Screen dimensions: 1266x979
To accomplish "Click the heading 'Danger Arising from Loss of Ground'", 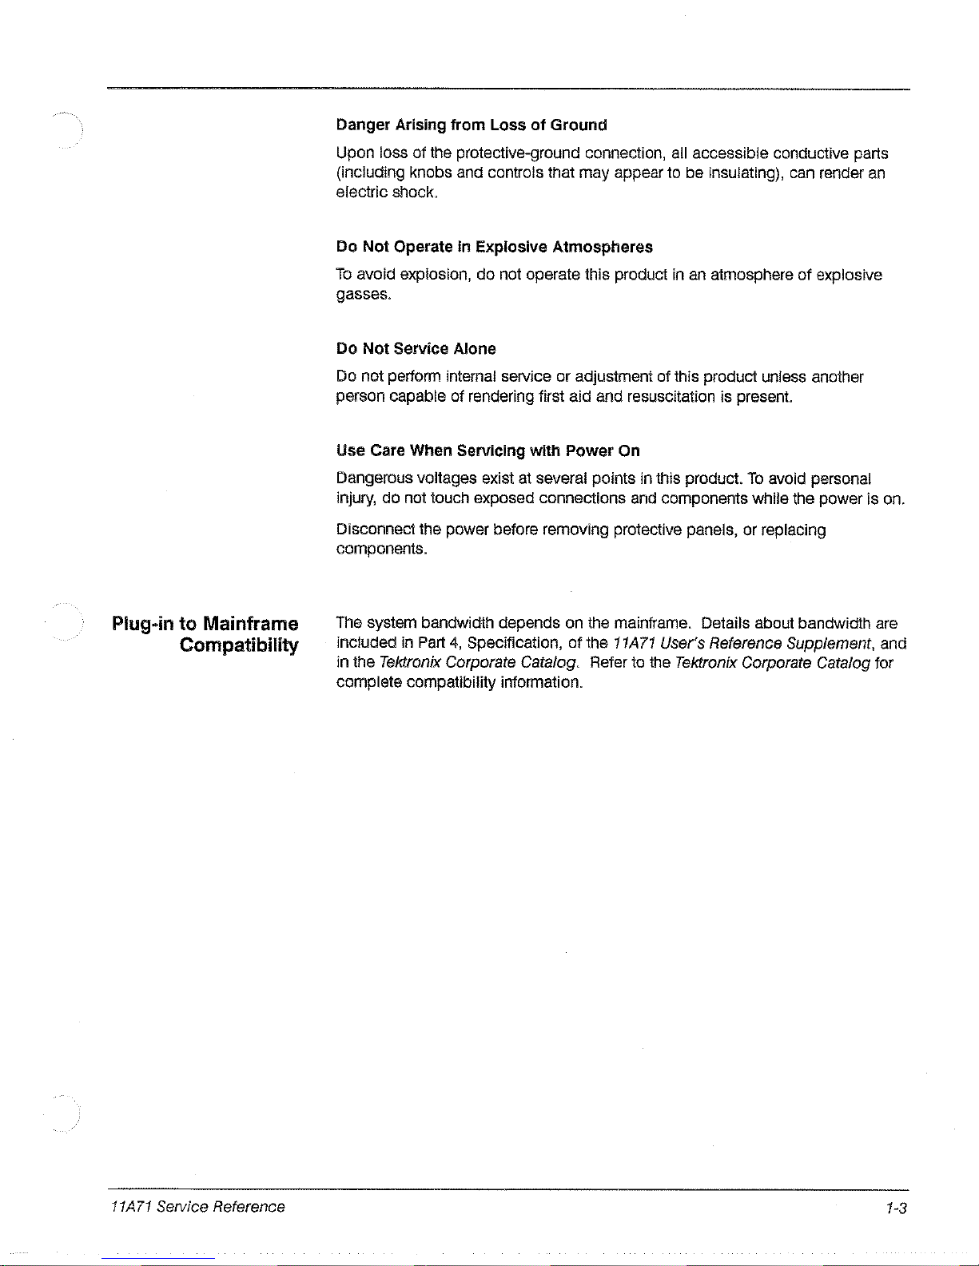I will click(472, 125).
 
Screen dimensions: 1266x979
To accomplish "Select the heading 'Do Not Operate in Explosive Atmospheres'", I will click(494, 247).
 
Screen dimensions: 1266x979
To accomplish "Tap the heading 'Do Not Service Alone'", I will click(416, 349).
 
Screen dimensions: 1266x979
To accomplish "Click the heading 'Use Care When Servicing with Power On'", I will click(488, 450).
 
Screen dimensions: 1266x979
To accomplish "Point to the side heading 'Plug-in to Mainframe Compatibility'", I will click(205, 634).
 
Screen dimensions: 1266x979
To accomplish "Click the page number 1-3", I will click(897, 1208).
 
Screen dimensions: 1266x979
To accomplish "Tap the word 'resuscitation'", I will click(671, 397).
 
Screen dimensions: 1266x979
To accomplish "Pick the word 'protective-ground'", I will click(518, 153).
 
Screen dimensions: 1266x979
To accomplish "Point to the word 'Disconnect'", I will click(375, 530).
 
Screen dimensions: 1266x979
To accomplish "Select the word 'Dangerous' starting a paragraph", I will click(374, 478).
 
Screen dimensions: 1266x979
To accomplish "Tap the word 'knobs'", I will click(431, 173).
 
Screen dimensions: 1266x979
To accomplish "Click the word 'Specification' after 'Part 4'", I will click(514, 643).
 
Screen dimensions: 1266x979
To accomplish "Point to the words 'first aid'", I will click(564, 397).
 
